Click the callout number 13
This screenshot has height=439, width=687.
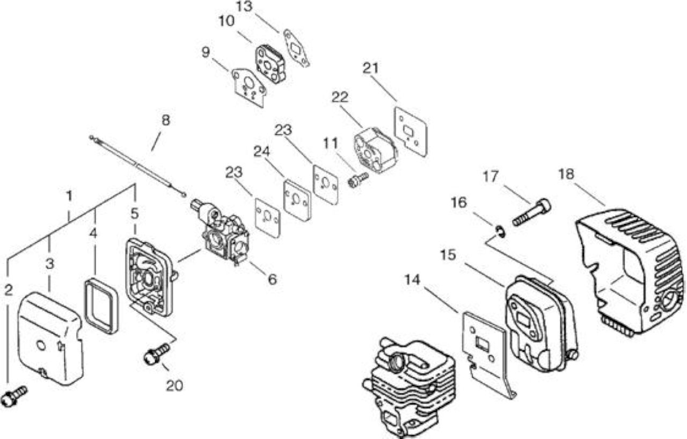point(244,6)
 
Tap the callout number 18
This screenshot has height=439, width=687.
point(566,174)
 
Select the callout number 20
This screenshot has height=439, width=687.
point(174,386)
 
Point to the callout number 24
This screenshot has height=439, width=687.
point(261,152)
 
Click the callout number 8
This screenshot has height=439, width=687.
point(166,120)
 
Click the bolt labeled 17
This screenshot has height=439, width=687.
point(531,212)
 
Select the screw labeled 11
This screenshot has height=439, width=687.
point(358,180)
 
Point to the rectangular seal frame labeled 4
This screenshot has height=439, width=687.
point(101,306)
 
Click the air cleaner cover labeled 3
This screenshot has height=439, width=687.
point(50,337)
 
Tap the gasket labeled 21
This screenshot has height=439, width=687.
point(411,132)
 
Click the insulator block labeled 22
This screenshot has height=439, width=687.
point(375,150)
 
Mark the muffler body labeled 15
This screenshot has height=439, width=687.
point(542,324)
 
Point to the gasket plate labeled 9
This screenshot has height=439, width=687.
point(249,88)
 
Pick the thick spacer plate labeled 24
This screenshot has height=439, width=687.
point(297,200)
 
